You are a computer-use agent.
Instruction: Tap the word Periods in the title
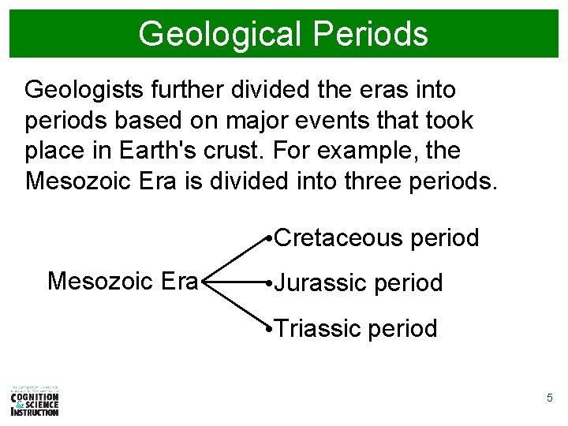point(370,34)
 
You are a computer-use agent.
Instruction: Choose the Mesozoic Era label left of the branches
point(122,281)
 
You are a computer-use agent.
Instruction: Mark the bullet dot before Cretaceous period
point(270,238)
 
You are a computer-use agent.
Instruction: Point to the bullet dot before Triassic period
point(270,328)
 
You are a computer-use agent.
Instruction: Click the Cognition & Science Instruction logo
point(35,401)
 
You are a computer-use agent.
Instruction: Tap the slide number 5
point(550,398)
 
